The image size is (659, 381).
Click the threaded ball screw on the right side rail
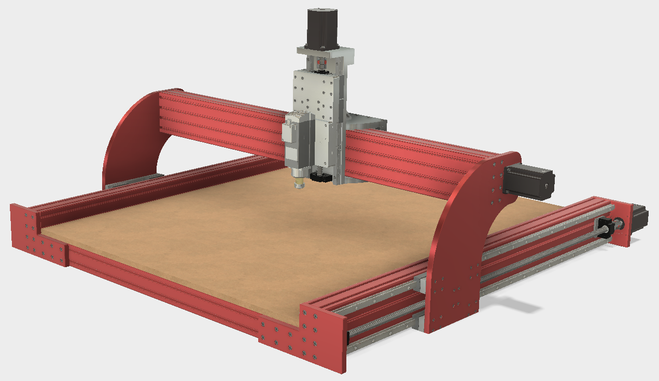point(534,261)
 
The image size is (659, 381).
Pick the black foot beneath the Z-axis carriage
point(320,177)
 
